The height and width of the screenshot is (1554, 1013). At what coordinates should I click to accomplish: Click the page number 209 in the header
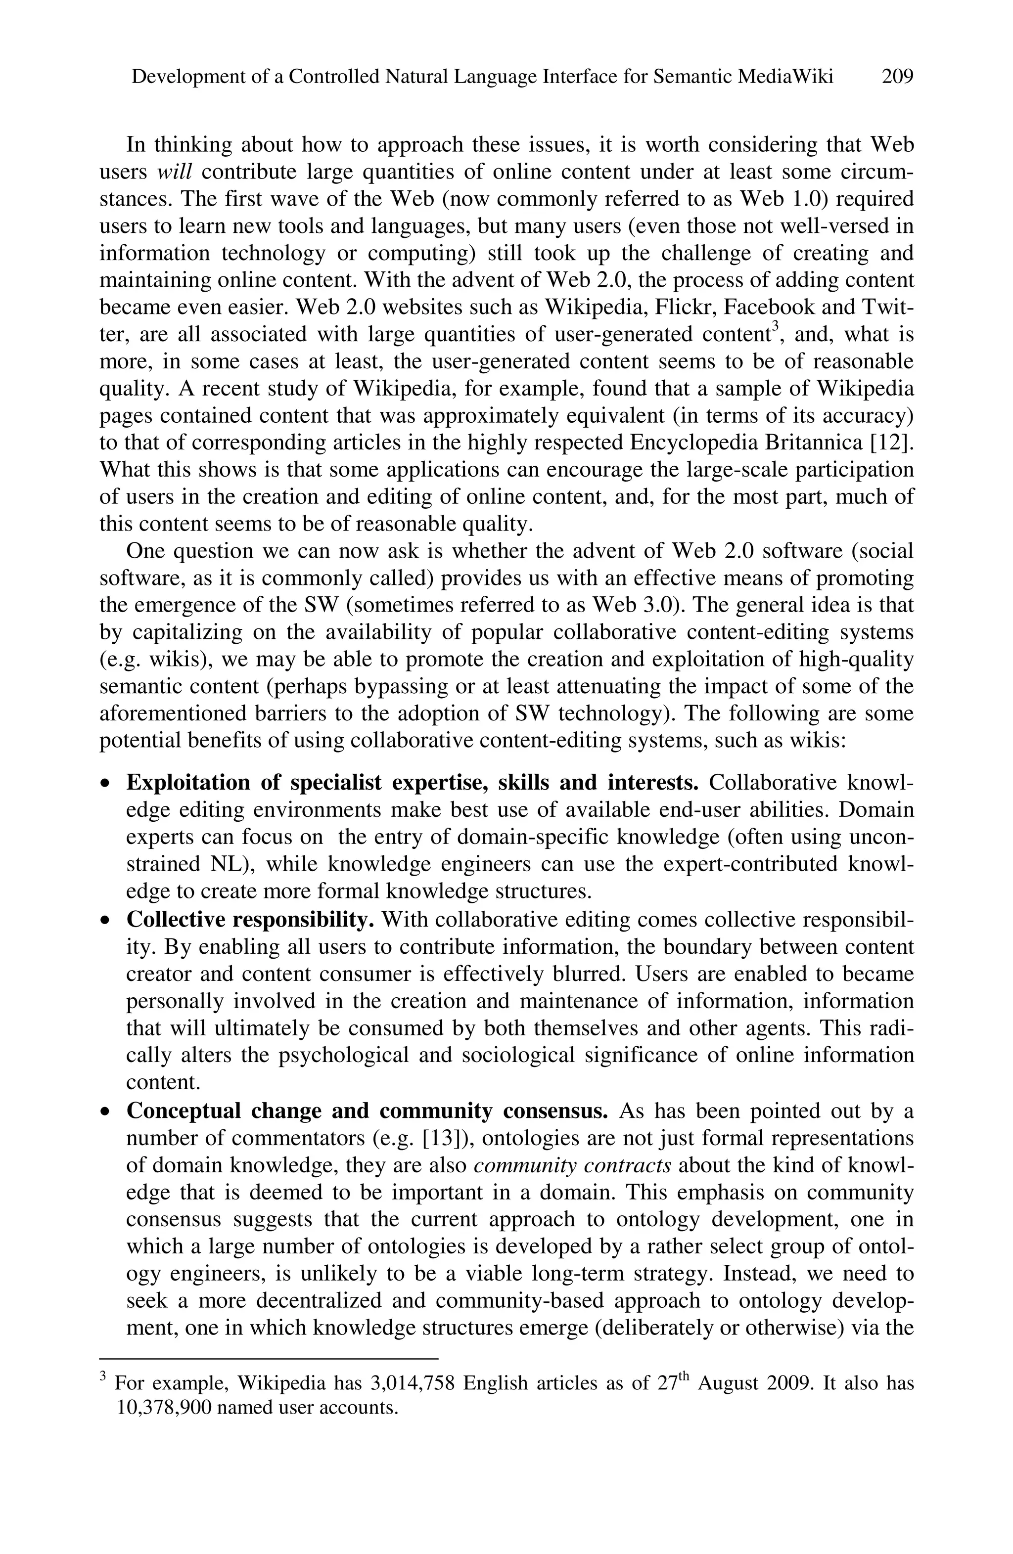(897, 77)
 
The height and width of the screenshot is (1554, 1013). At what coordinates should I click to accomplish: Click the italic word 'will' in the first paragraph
(175, 172)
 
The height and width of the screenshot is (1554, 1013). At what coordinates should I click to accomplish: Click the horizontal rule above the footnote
(268, 1358)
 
